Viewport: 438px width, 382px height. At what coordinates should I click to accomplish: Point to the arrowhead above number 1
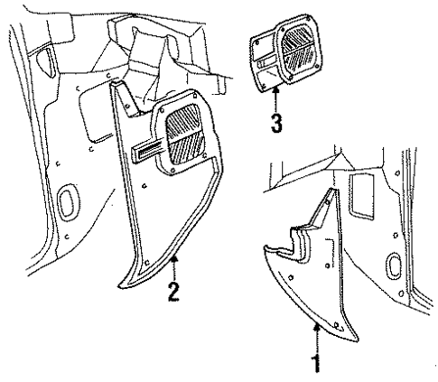316,331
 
